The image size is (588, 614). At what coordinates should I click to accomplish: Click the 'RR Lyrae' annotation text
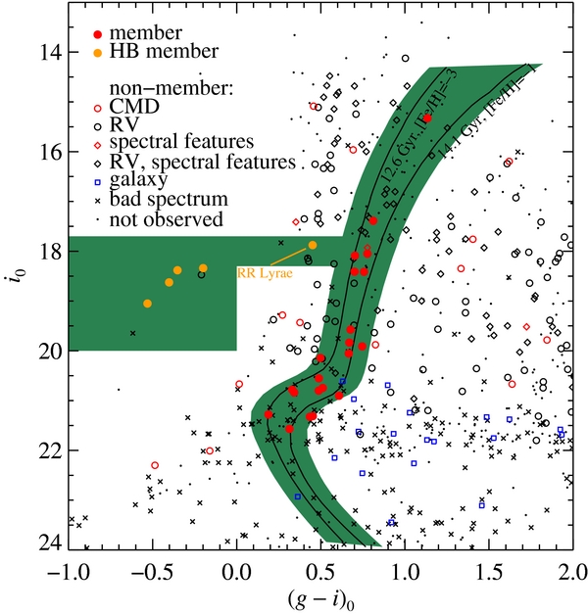click(x=263, y=274)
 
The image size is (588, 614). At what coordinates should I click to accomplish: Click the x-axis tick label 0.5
click(x=319, y=569)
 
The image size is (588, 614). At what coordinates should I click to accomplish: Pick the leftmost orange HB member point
click(x=147, y=304)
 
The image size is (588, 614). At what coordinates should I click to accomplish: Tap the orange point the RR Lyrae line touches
click(x=313, y=245)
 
